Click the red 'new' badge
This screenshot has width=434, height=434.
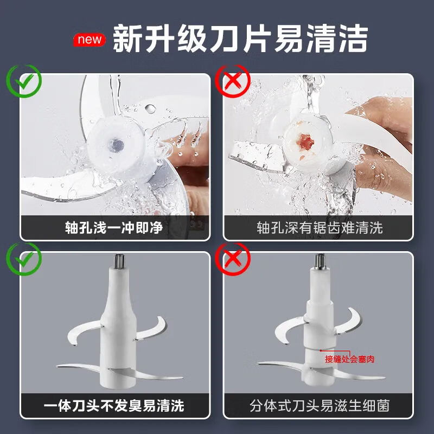click(89, 40)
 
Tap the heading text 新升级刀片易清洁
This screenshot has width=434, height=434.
click(240, 39)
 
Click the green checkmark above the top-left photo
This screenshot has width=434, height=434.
click(24, 81)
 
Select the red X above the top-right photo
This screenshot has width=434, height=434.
click(233, 81)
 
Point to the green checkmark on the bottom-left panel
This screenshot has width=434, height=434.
click(24, 259)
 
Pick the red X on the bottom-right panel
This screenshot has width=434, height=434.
click(233, 259)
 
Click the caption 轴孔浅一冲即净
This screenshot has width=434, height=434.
click(114, 228)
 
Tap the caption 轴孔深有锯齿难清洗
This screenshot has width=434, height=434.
click(320, 228)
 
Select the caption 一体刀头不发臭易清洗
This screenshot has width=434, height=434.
click(114, 406)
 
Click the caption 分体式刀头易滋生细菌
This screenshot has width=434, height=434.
click(320, 406)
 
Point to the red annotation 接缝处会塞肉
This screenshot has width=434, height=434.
click(349, 359)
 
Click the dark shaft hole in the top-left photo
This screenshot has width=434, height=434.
click(116, 145)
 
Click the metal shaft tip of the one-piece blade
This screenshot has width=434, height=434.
click(119, 261)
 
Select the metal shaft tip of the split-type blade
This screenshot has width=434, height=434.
click(320, 261)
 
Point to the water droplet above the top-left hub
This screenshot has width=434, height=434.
click(150, 109)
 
